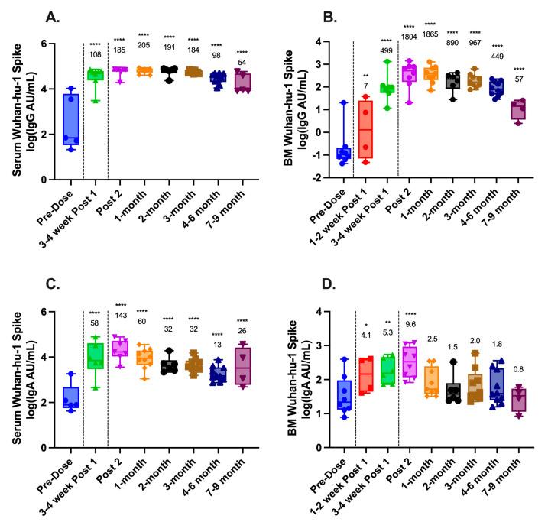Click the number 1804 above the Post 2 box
[410, 34]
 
